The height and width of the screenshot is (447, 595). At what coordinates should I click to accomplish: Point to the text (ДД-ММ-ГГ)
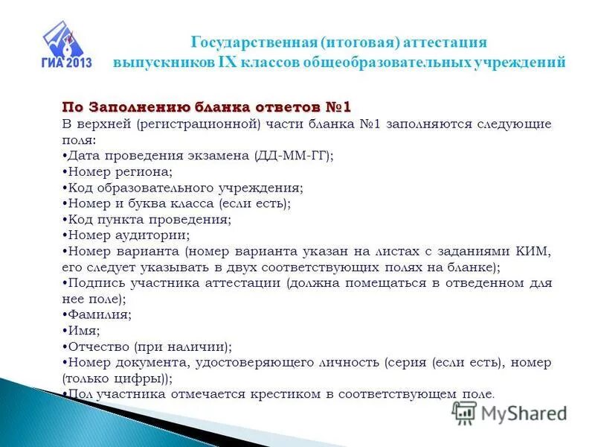[x=294, y=156]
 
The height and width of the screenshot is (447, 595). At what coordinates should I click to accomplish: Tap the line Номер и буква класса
[x=177, y=203]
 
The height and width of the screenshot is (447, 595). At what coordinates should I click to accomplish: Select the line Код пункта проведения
[x=148, y=220]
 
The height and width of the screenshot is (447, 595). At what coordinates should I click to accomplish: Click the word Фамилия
[x=100, y=314]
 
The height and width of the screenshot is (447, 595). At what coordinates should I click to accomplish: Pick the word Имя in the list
[x=83, y=330]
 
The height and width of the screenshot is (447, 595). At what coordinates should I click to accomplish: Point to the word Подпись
[x=94, y=283]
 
